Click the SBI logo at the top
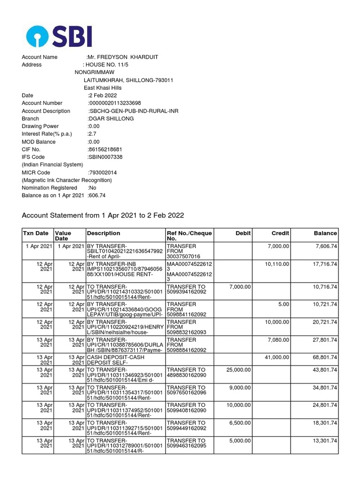tap(59, 36)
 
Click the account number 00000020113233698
tap(115, 103)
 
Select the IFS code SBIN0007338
tap(105, 157)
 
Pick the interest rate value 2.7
tap(92, 134)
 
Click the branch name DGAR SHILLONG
tap(111, 119)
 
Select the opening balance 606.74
tap(97, 195)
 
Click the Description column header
tap(104, 233)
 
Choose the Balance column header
tap(325, 233)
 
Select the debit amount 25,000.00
tap(238, 370)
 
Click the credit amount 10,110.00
tap(277, 264)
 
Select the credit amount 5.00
tap(283, 304)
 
